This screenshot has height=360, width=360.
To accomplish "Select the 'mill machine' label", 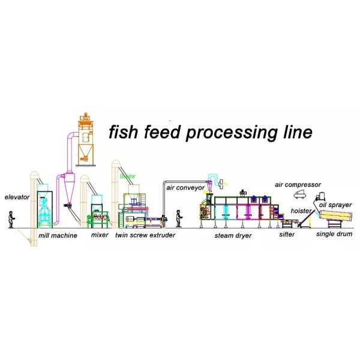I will tap(58, 236).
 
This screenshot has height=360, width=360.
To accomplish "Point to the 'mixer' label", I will tap(99, 236).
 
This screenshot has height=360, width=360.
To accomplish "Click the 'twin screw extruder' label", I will tap(145, 236).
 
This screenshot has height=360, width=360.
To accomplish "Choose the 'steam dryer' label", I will tap(233, 236).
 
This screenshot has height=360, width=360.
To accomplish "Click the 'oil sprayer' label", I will tap(335, 205).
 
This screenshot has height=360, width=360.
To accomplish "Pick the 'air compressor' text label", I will tap(298, 185).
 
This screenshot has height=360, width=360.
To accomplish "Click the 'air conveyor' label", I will tap(185, 187).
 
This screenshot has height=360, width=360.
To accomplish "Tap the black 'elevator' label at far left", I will tap(16, 197).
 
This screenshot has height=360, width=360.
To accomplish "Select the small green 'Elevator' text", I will tap(128, 176).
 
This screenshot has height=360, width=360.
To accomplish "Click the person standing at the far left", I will tap(11, 220).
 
